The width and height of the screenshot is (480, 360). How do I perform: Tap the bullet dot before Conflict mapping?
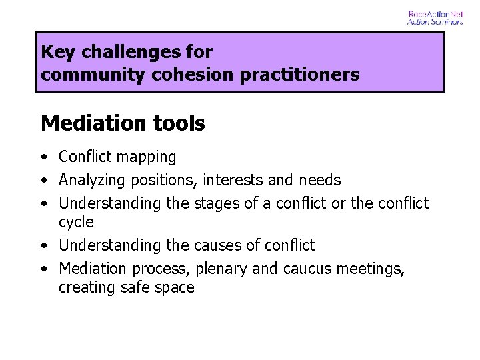(x=43, y=158)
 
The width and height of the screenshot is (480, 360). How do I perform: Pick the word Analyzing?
(x=91, y=180)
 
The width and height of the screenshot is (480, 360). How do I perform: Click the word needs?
(x=319, y=180)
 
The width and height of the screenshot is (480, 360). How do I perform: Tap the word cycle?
(x=76, y=222)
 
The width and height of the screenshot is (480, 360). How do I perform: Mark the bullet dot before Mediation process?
(x=43, y=269)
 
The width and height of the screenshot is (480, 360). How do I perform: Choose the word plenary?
(x=223, y=269)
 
